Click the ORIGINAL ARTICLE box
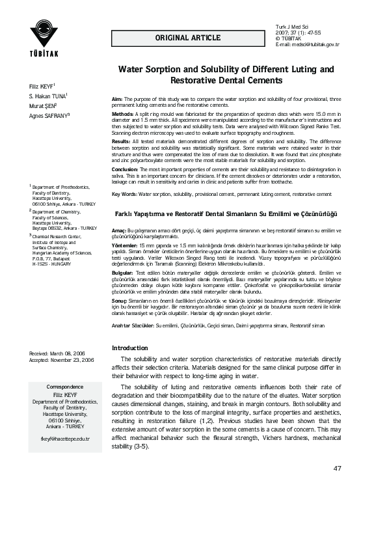click(x=187, y=38)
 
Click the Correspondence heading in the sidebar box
click(x=65, y=387)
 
